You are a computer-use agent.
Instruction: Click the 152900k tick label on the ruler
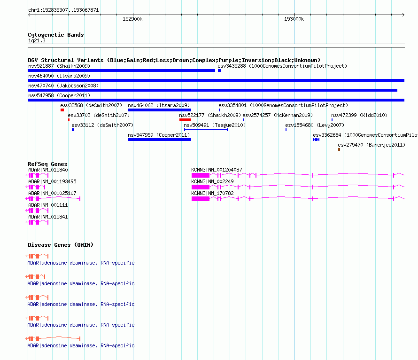coord(132,19)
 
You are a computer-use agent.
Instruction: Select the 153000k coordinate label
coord(294,19)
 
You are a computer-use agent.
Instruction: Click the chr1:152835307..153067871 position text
coord(63,10)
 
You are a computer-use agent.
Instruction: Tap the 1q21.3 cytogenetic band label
coord(37,40)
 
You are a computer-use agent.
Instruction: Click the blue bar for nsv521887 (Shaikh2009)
coord(121,70)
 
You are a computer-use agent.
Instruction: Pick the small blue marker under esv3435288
coord(219,70)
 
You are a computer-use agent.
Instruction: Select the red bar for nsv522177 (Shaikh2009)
coord(185,120)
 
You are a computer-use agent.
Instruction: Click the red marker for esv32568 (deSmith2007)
coord(62,110)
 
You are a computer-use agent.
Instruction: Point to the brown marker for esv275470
coord(339,149)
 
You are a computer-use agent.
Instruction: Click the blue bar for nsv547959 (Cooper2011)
coord(160,140)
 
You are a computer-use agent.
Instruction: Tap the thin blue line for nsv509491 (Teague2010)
coord(206,130)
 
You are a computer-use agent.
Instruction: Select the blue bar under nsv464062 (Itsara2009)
coord(160,110)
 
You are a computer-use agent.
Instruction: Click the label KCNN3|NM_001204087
coord(217,170)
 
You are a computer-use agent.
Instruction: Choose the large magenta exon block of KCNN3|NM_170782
coord(201,199)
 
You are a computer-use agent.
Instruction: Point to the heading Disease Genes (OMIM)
coord(61,245)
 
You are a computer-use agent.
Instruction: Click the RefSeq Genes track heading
coord(47,164)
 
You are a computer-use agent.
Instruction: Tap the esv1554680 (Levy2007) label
coord(315,125)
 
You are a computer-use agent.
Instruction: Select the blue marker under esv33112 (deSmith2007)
coord(73,130)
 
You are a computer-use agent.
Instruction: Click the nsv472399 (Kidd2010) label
coord(359,115)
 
